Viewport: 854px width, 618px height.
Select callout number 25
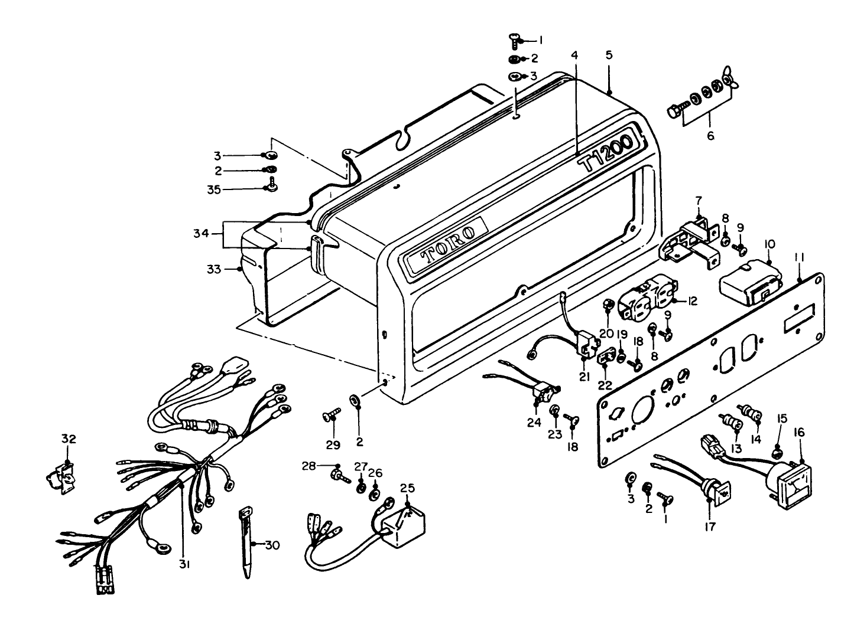click(x=408, y=488)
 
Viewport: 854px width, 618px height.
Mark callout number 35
click(x=214, y=189)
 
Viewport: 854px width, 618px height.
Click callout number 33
click(x=213, y=269)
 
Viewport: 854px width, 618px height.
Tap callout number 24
click(x=534, y=423)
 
